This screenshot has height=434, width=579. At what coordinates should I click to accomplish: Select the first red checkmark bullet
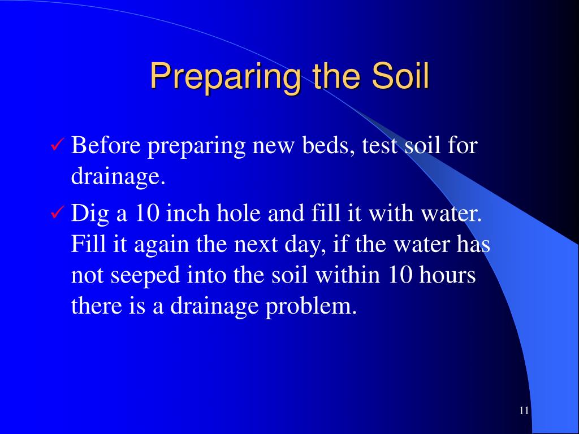pyautogui.click(x=57, y=146)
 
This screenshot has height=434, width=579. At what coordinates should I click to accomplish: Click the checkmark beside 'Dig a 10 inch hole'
pyautogui.click(x=57, y=214)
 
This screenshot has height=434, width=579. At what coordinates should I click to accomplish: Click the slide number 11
pyautogui.click(x=523, y=411)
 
